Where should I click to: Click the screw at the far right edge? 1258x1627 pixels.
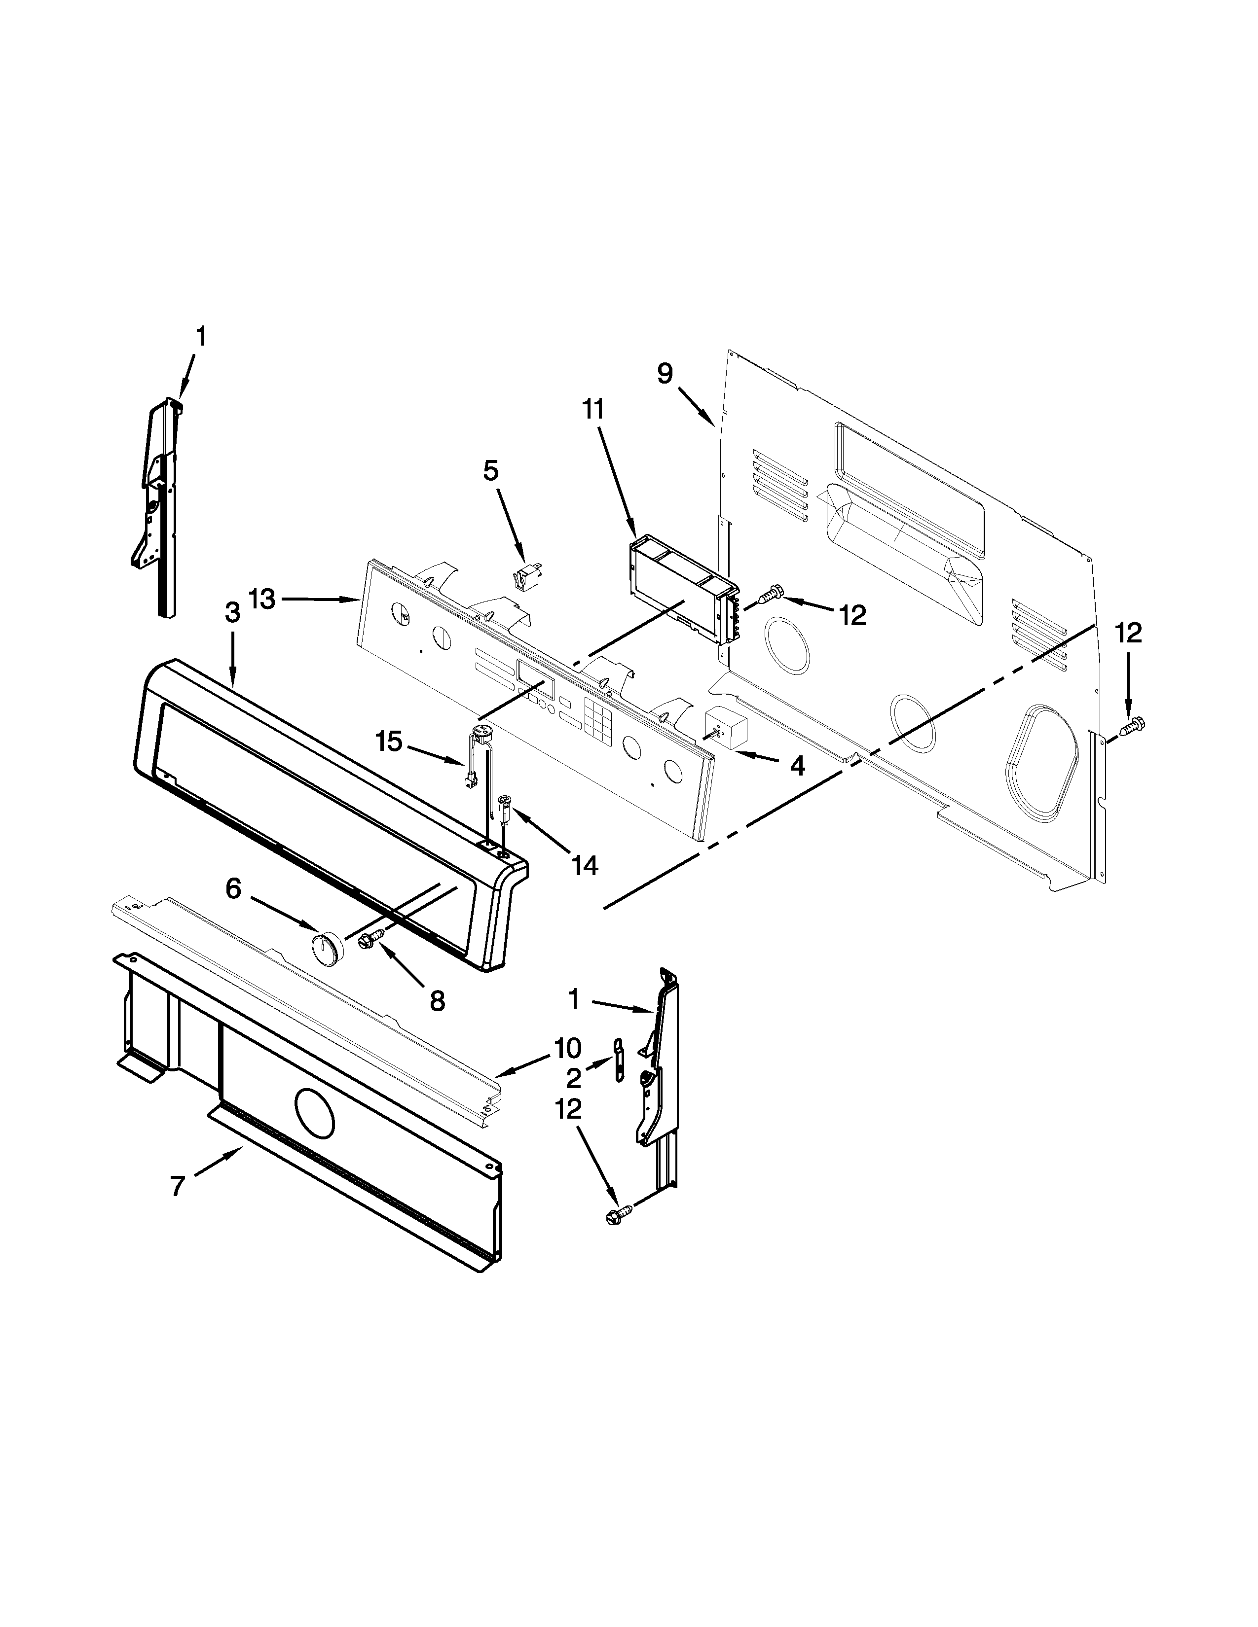[1134, 723]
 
